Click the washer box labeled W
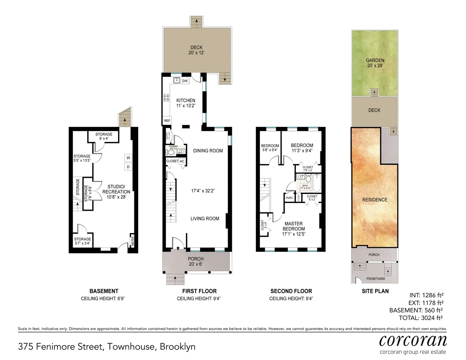click(127, 157)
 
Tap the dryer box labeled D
click(127, 167)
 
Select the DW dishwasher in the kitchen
click(185, 81)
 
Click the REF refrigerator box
click(167, 121)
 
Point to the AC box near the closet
click(182, 161)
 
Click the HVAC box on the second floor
click(289, 198)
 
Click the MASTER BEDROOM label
click(294, 226)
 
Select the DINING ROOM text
click(208, 151)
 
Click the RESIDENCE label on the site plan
click(375, 200)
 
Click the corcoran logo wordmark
click(412, 340)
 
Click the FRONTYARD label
click(375, 279)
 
